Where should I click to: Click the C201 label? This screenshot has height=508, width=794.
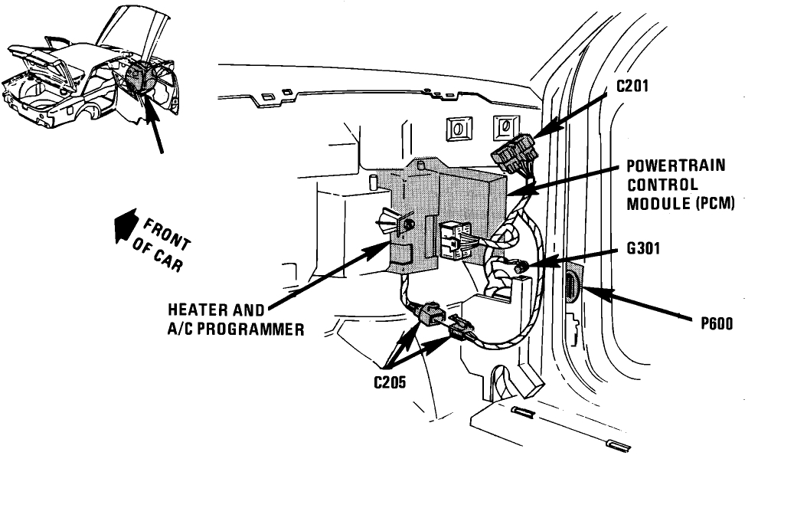633,87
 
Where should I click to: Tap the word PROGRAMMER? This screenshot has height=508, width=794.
253,330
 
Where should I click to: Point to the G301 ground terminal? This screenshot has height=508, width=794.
521,267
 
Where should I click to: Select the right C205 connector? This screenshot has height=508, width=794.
459,327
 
